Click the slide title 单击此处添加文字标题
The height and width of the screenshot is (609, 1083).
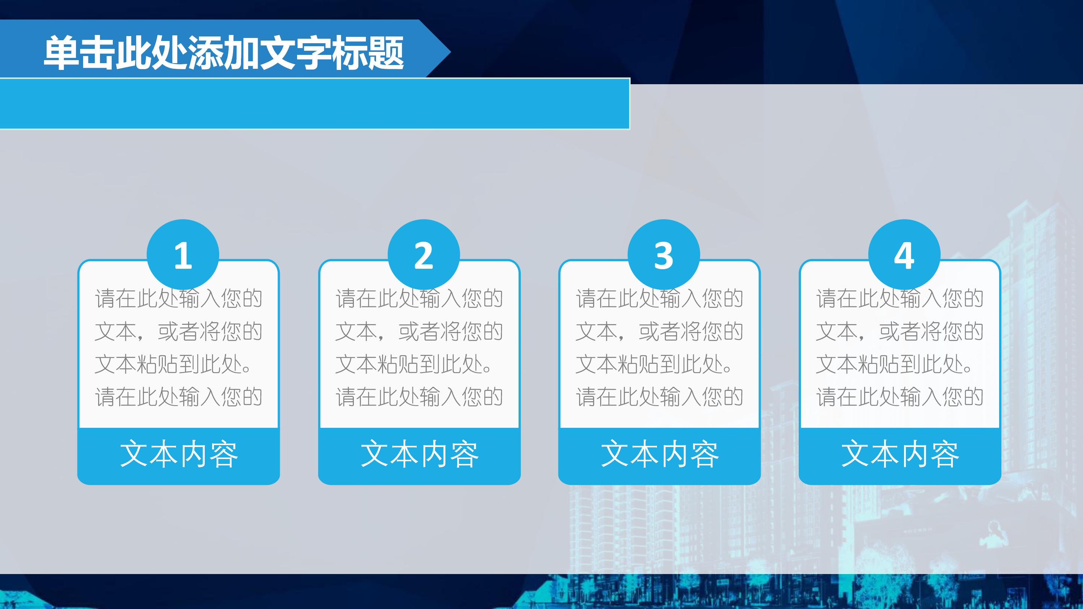(224, 53)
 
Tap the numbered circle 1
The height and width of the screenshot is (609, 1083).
(183, 255)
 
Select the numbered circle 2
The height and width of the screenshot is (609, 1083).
(423, 255)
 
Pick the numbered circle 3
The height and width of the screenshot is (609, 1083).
(663, 255)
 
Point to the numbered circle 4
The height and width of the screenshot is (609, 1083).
(904, 255)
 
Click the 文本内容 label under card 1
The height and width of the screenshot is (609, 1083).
(179, 455)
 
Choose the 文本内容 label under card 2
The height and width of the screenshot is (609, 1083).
(419, 455)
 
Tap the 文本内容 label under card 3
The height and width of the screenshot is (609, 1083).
(660, 455)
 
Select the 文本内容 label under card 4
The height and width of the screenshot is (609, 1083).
(900, 455)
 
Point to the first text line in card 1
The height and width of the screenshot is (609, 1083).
(179, 299)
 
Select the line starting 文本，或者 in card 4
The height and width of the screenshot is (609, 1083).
(900, 332)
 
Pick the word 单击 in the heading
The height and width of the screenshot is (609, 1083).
(80, 53)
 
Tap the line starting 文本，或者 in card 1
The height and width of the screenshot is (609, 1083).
(179, 332)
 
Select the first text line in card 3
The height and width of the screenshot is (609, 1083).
(660, 299)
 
